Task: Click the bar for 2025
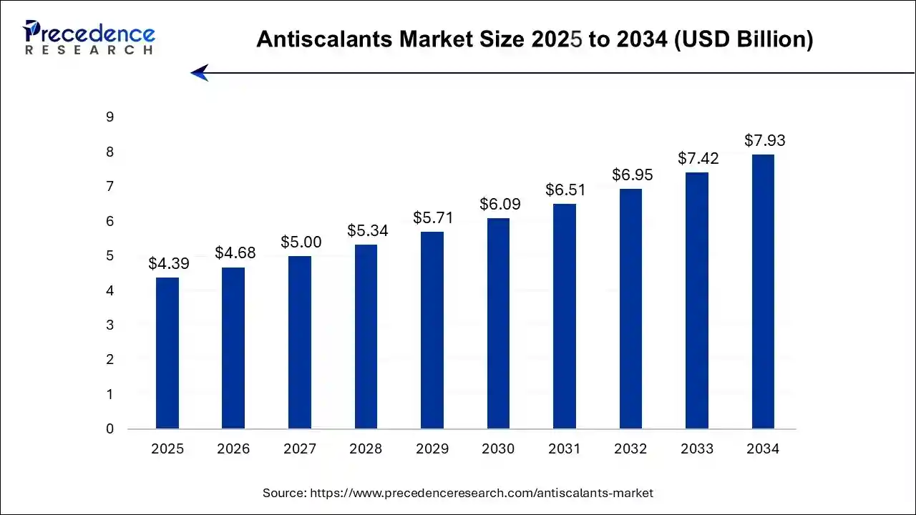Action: click(x=167, y=353)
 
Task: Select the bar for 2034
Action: click(x=763, y=292)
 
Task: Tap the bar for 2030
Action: click(x=498, y=323)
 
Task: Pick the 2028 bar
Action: click(x=366, y=337)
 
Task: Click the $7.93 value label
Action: click(x=764, y=140)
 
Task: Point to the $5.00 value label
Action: click(x=301, y=242)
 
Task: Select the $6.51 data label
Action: click(x=565, y=190)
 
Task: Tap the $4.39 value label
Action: click(x=169, y=263)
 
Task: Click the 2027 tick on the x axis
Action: click(x=299, y=449)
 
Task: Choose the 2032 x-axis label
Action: click(x=630, y=449)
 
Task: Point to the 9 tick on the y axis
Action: click(x=110, y=117)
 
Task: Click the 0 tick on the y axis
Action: click(x=110, y=429)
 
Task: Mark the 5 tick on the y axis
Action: click(x=110, y=256)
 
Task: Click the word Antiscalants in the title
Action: click(x=310, y=39)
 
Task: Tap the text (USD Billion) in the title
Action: click(x=744, y=39)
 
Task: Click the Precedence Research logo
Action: click(x=89, y=37)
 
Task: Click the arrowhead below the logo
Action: click(x=199, y=73)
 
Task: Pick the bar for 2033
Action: click(x=697, y=300)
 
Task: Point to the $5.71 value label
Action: click(x=432, y=217)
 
